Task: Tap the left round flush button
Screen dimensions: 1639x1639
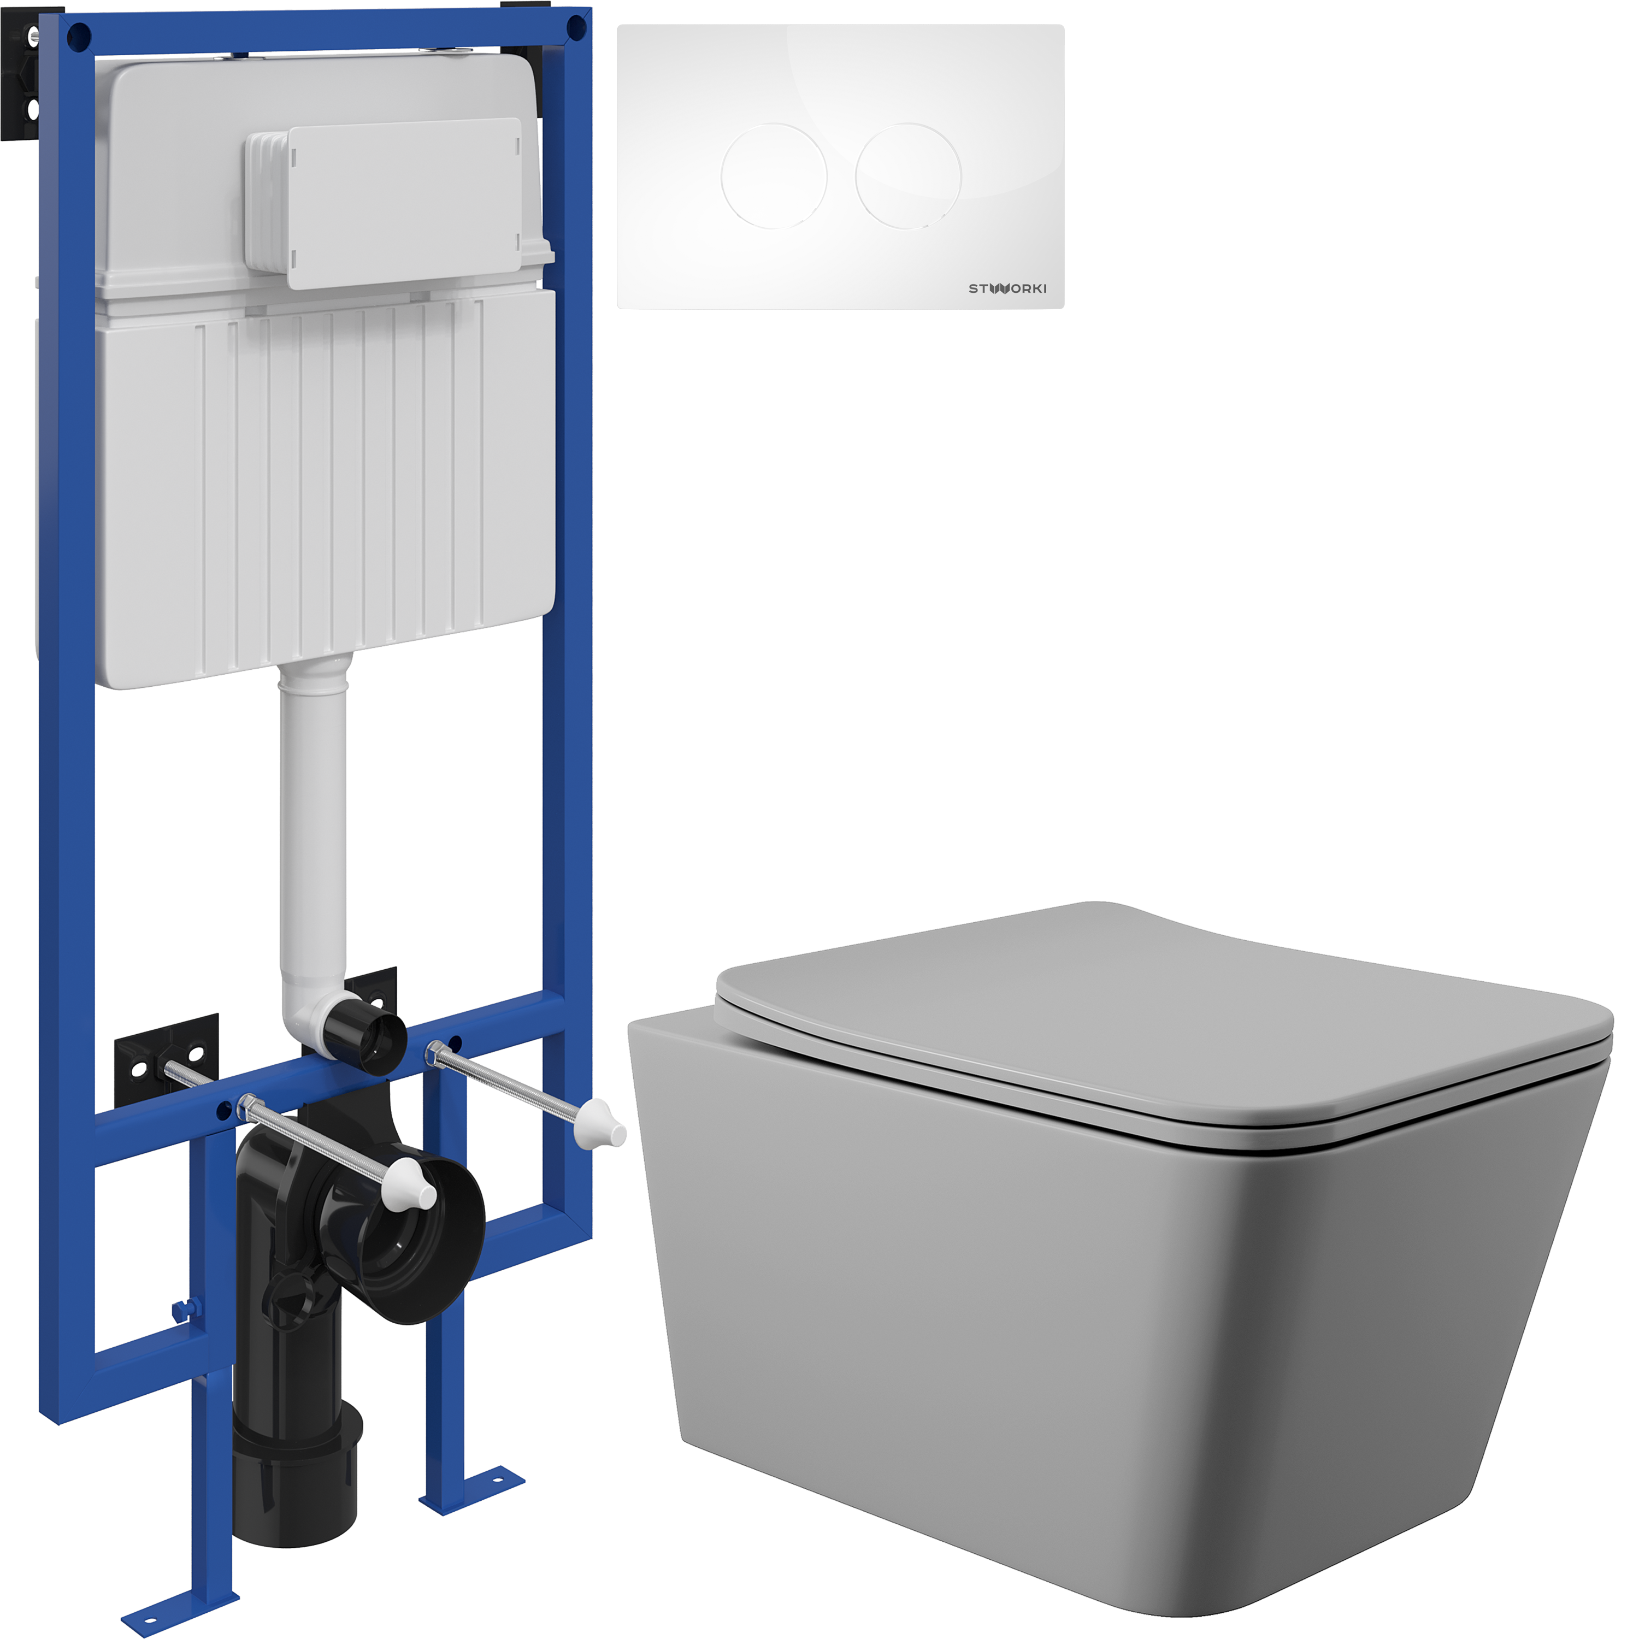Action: pyautogui.click(x=774, y=175)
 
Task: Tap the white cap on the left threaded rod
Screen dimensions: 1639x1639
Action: pyautogui.click(x=411, y=1183)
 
